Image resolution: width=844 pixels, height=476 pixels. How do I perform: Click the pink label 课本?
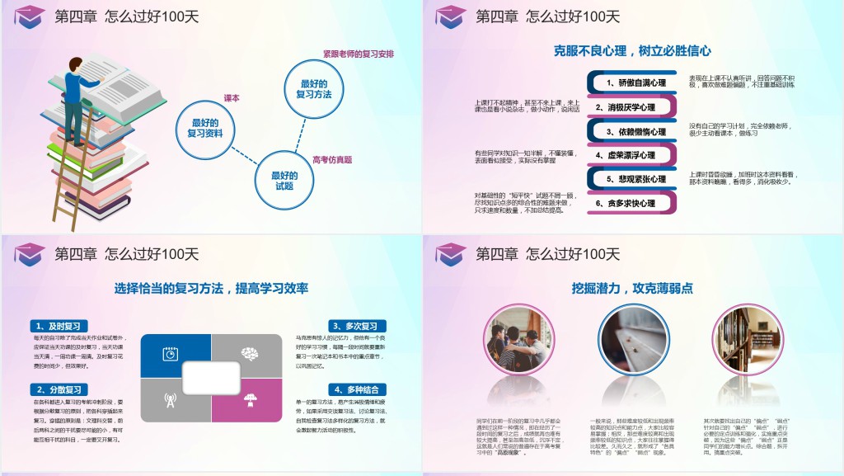pyautogui.click(x=232, y=98)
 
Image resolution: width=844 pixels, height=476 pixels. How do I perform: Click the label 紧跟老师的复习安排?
pyautogui.click(x=359, y=54)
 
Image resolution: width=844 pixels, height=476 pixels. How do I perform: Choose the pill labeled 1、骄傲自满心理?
pyautogui.click(x=632, y=82)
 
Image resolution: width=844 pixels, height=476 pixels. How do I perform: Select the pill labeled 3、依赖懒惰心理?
pyautogui.click(x=632, y=131)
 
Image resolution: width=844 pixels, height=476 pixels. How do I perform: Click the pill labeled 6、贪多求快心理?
pyautogui.click(x=632, y=203)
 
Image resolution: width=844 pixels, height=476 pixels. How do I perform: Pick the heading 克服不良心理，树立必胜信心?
pyautogui.click(x=632, y=50)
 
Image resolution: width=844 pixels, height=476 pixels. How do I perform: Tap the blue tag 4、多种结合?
pyautogui.click(x=356, y=389)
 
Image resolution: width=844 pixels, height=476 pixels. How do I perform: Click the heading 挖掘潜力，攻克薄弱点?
pyautogui.click(x=632, y=288)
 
